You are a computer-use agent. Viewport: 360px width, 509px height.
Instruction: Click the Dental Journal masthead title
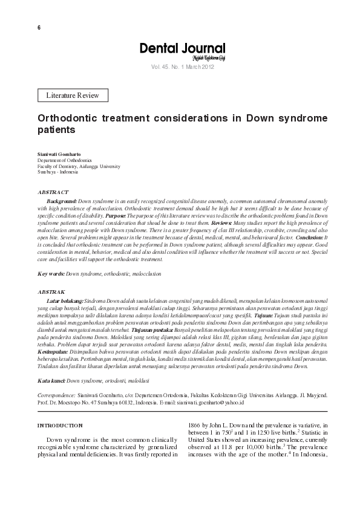point(182,48)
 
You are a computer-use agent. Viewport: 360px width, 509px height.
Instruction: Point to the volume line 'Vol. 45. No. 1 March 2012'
point(182,67)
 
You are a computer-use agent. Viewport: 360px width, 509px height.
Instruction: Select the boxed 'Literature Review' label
point(73,95)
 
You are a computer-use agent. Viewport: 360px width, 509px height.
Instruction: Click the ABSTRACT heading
point(52,192)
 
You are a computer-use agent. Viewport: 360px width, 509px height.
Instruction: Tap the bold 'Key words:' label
point(51,274)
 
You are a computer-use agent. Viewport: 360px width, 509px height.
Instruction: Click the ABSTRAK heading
point(51,291)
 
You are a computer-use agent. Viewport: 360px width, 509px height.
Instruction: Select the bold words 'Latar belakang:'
point(65,300)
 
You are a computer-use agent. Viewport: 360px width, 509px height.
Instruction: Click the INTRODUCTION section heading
point(60,426)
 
